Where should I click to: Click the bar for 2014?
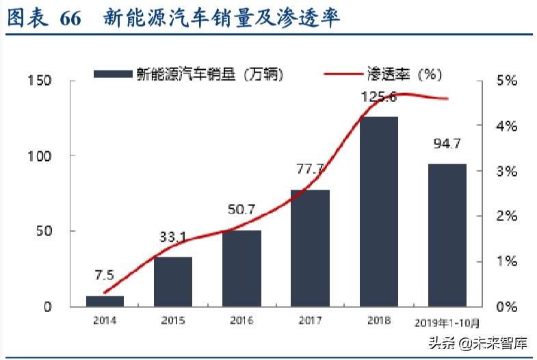[105, 301]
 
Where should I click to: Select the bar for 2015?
[173, 281]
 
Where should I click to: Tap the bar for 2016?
[241, 268]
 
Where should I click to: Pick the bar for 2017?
[310, 248]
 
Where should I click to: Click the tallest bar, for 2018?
[378, 211]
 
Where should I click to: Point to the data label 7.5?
[105, 277]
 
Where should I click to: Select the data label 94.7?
[447, 144]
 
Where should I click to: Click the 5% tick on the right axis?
[506, 81]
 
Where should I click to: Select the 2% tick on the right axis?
[506, 216]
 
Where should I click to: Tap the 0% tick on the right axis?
[506, 307]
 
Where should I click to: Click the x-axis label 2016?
[241, 320]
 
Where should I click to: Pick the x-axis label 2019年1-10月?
[447, 322]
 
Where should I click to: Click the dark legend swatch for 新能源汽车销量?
[113, 73]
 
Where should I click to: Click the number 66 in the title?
[70, 18]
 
